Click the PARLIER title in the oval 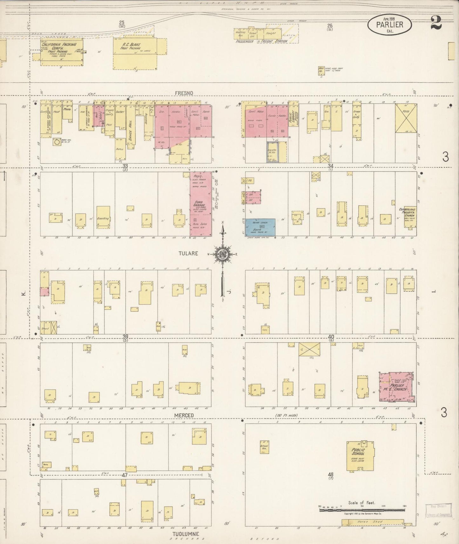[389, 24]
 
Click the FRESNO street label [184, 93]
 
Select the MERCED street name [184, 415]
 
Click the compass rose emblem [222, 254]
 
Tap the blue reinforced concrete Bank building [260, 227]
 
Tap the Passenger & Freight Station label [261, 41]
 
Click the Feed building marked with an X [406, 118]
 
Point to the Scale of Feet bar [362, 510]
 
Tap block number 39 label [125, 336]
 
